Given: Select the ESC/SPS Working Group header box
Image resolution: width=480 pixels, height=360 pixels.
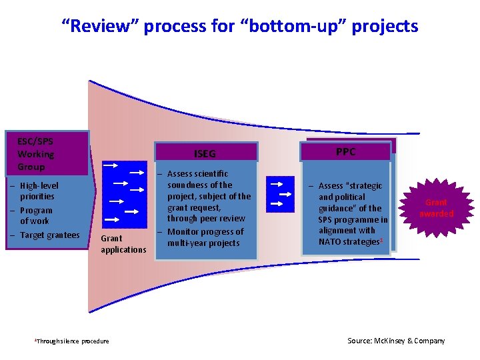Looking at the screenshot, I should (x=47, y=153).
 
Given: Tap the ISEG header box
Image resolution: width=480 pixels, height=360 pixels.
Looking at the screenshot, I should (x=205, y=153).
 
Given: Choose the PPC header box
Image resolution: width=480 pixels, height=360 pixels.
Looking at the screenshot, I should (x=345, y=151).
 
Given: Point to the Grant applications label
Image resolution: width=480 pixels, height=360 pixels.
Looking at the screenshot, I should (x=123, y=243).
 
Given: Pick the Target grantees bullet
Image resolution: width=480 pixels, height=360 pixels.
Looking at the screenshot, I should (x=49, y=235).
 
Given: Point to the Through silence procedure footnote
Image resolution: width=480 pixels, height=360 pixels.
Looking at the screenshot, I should (x=72, y=341).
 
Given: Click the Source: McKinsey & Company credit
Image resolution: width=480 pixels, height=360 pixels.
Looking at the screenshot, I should (x=396, y=341).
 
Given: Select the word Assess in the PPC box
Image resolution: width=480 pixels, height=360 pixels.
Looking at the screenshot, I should (x=331, y=186).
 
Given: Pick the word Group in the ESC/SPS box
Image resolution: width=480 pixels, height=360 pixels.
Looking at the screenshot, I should (x=31, y=167).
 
